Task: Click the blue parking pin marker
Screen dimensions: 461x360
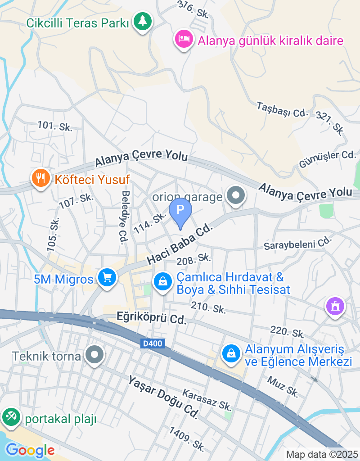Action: click(180, 211)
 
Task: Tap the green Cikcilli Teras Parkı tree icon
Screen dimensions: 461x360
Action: click(143, 21)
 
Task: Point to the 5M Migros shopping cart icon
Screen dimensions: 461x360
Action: click(108, 277)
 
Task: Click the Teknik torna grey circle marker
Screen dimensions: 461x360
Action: click(94, 355)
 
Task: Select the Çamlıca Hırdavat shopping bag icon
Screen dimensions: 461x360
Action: click(162, 282)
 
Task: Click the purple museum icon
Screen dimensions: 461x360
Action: click(335, 307)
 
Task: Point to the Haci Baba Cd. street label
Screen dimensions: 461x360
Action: click(179, 245)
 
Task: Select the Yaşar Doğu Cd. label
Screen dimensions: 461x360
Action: click(163, 398)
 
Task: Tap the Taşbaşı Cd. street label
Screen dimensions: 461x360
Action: click(282, 110)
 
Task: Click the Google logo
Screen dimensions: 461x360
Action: click(30, 450)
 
